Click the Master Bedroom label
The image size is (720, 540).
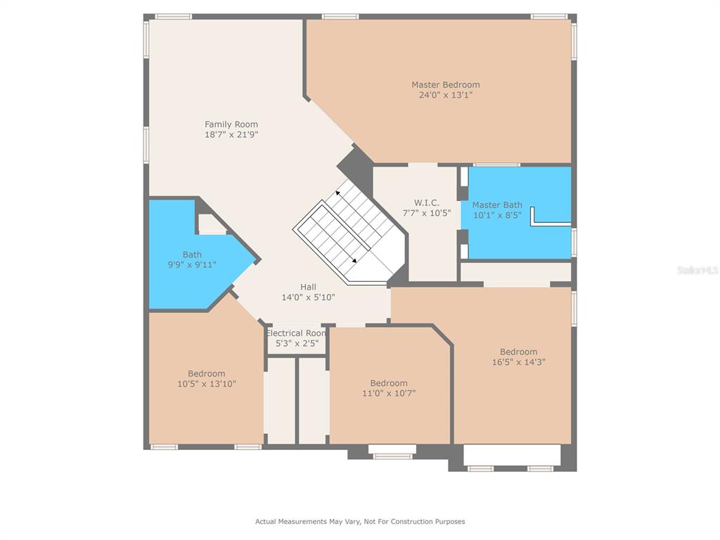(445, 84)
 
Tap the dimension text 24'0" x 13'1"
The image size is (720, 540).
(445, 95)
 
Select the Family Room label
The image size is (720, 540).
(231, 124)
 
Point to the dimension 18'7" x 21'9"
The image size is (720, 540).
(231, 134)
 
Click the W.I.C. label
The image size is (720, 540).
(427, 202)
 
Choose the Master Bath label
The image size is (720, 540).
(497, 205)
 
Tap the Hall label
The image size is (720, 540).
(308, 287)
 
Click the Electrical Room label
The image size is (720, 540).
(296, 333)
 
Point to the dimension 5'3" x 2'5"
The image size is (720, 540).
(297, 343)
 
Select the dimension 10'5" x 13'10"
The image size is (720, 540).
(207, 384)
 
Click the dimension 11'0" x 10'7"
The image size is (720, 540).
(389, 393)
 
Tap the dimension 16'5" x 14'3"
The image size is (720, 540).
(519, 362)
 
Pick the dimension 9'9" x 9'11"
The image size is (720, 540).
(192, 264)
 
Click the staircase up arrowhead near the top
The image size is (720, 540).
(338, 193)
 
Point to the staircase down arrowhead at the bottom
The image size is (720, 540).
(354, 261)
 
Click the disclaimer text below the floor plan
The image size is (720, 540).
(360, 521)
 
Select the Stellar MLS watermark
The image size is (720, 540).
(697, 270)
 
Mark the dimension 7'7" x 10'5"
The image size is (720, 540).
(427, 213)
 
